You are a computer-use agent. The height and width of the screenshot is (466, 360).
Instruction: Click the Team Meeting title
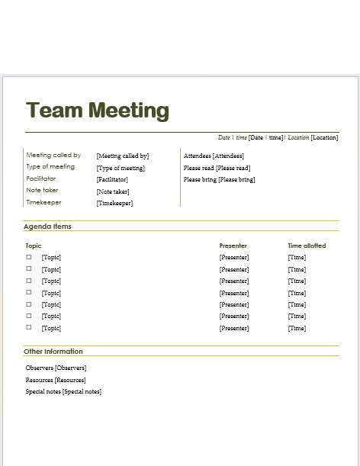tap(97, 111)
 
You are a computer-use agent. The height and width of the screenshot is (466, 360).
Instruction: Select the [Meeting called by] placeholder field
tap(122, 156)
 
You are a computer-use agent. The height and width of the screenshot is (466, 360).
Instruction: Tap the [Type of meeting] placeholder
tap(121, 168)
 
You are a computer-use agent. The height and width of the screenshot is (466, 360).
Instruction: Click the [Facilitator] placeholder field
tap(112, 180)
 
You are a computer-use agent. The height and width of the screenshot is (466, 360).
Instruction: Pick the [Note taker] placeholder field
tap(113, 192)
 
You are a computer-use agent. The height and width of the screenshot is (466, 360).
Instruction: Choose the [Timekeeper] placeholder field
tap(114, 204)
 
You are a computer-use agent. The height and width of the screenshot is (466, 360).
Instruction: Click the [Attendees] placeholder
tap(228, 156)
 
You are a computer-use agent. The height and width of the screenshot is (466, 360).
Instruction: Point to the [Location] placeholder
tap(324, 138)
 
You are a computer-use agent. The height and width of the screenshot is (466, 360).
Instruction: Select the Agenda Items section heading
tap(47, 227)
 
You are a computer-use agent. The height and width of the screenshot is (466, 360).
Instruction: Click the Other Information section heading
tap(53, 352)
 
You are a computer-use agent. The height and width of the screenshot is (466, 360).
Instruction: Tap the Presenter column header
tap(233, 246)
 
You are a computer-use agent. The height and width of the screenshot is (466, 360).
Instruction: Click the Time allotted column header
tap(307, 246)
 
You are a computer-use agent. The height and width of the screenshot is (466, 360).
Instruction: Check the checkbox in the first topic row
tap(29, 257)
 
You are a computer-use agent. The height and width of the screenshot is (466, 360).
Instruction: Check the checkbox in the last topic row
tap(29, 328)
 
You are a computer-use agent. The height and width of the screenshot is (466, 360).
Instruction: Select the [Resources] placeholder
tap(70, 380)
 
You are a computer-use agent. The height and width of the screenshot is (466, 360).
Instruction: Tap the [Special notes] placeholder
tap(82, 392)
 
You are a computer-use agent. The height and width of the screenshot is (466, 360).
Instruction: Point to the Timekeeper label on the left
tap(43, 203)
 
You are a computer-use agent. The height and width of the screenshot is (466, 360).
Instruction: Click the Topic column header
tap(33, 246)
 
